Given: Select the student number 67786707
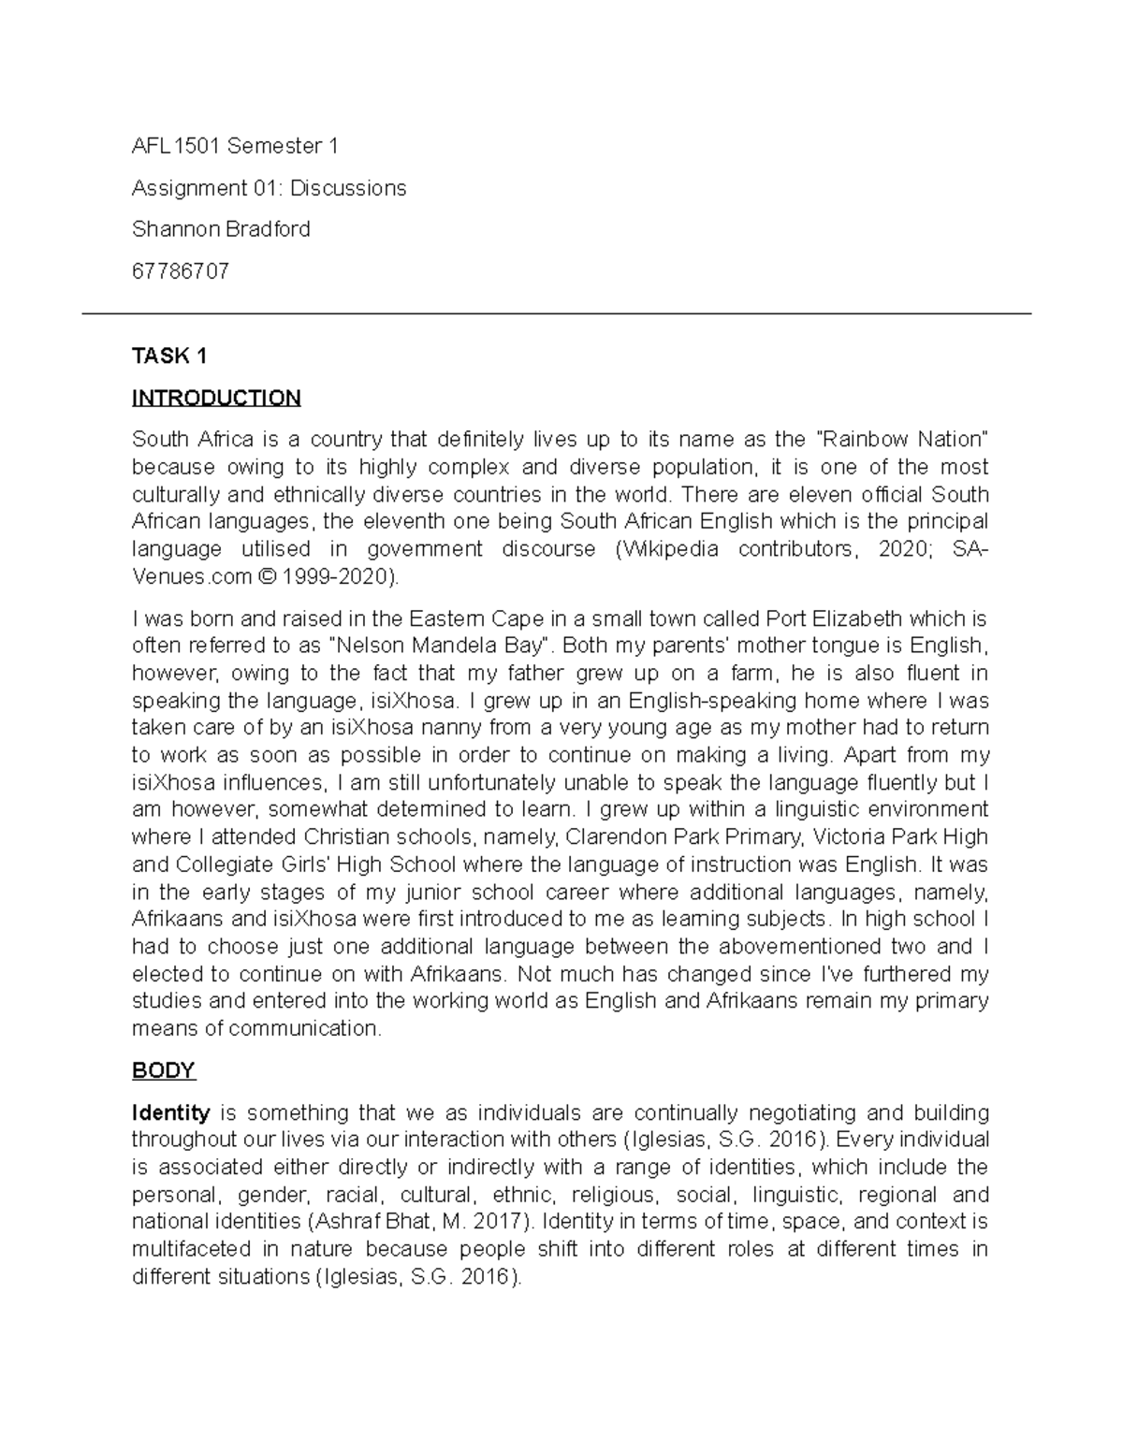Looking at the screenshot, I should point(181,272).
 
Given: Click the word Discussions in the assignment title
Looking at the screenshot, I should point(348,188).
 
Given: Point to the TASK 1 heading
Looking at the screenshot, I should point(169,356).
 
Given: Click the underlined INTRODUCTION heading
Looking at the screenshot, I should point(216,399).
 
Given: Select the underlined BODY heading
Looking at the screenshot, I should point(163,1070).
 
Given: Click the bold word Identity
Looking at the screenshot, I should point(170,1113).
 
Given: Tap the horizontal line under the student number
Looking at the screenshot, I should point(556,314).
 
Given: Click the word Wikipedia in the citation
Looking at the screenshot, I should point(668,549).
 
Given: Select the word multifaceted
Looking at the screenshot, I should point(192,1250).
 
